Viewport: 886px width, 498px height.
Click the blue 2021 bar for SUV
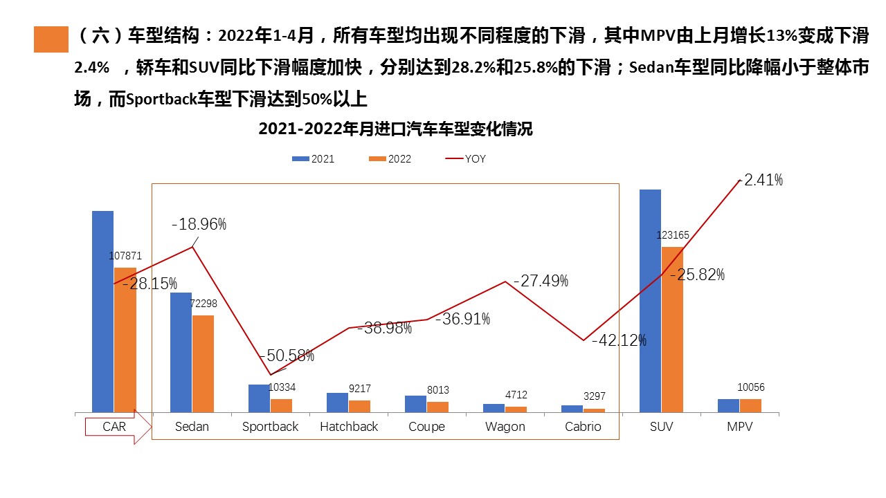click(x=650, y=301)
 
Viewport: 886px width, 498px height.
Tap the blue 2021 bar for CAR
click(x=102, y=312)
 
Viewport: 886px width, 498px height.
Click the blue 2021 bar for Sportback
click(x=259, y=399)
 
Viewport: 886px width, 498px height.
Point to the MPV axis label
click(x=739, y=427)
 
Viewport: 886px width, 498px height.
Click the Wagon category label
click(x=505, y=427)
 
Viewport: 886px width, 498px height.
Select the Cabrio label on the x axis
click(x=583, y=427)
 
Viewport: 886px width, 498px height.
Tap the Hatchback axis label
click(x=349, y=427)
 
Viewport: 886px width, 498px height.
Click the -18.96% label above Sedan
click(x=199, y=224)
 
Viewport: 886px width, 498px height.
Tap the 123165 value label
click(x=672, y=235)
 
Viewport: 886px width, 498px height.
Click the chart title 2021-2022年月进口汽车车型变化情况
click(x=395, y=129)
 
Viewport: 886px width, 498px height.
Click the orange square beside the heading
click(x=51, y=39)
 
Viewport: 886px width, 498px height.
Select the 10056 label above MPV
click(x=750, y=387)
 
